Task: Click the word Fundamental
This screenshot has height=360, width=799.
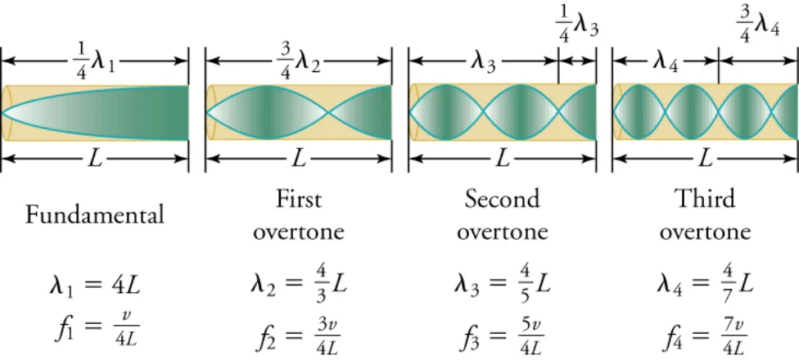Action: pyautogui.click(x=95, y=215)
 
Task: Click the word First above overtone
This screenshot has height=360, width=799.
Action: pyautogui.click(x=299, y=199)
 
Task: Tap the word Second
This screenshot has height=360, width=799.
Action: pyautogui.click(x=502, y=199)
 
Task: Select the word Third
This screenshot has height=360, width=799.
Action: pyautogui.click(x=705, y=199)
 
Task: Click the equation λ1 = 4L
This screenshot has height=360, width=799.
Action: pyautogui.click(x=95, y=286)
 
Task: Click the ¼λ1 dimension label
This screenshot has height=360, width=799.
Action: pyautogui.click(x=94, y=61)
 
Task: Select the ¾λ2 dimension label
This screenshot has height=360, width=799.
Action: pyautogui.click(x=299, y=61)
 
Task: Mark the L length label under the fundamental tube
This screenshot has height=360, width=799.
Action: pyautogui.click(x=95, y=160)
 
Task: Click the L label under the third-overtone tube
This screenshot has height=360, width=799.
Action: pyautogui.click(x=705, y=160)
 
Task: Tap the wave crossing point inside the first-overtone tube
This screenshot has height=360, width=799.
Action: pyautogui.click(x=330, y=112)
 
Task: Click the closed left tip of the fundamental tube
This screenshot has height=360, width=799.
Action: pyautogui.click(x=2, y=112)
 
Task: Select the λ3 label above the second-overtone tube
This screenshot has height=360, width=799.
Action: pyautogui.click(x=483, y=64)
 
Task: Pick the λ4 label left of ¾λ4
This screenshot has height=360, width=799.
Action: pyautogui.click(x=666, y=64)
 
